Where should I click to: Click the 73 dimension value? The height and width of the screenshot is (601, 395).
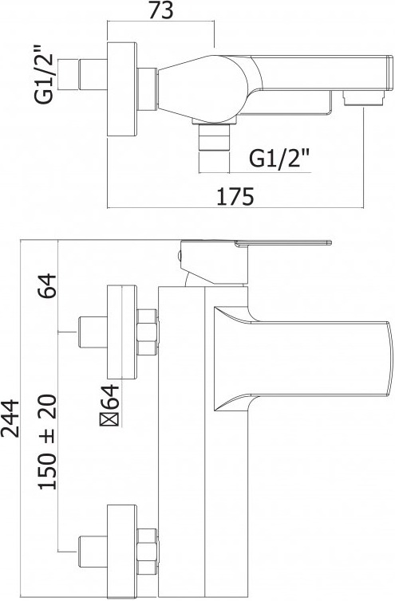pyautogui.click(x=161, y=10)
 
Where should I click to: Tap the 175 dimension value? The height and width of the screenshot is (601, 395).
pyautogui.click(x=235, y=197)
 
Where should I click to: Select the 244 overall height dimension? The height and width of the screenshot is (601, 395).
pyautogui.click(x=10, y=418)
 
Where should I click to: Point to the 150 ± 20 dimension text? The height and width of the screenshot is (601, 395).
pyautogui.click(x=48, y=442)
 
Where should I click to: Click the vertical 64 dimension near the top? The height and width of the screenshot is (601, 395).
pyautogui.click(x=48, y=285)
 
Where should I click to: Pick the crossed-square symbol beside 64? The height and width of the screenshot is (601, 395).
pyautogui.click(x=110, y=421)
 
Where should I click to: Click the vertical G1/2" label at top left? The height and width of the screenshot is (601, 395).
pyautogui.click(x=43, y=75)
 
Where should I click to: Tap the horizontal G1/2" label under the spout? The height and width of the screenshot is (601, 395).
pyautogui.click(x=279, y=158)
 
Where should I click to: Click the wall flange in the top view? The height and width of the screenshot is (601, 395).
pyautogui.click(x=122, y=89)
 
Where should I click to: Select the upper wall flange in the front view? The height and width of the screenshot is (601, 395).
pyautogui.click(x=122, y=332)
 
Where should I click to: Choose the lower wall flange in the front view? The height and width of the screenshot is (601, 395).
pyautogui.click(x=122, y=552)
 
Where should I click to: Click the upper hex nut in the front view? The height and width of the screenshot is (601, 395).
pyautogui.click(x=147, y=332)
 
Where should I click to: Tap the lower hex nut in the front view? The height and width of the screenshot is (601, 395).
pyautogui.click(x=147, y=552)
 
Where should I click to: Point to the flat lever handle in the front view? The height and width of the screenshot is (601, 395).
pyautogui.click(x=283, y=242)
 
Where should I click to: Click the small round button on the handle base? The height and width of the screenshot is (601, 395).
pyautogui.click(x=179, y=256)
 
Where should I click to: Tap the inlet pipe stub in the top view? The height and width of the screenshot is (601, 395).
pyautogui.click(x=93, y=74)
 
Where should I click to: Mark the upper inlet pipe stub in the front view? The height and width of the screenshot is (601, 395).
pyautogui.click(x=93, y=332)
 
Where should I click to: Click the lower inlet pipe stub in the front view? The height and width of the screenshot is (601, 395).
pyautogui.click(x=93, y=552)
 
